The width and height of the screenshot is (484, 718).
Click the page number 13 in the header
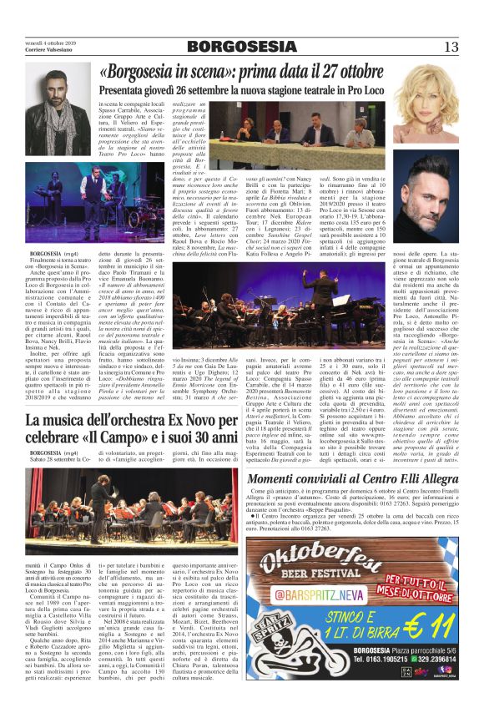coord(451,47)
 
